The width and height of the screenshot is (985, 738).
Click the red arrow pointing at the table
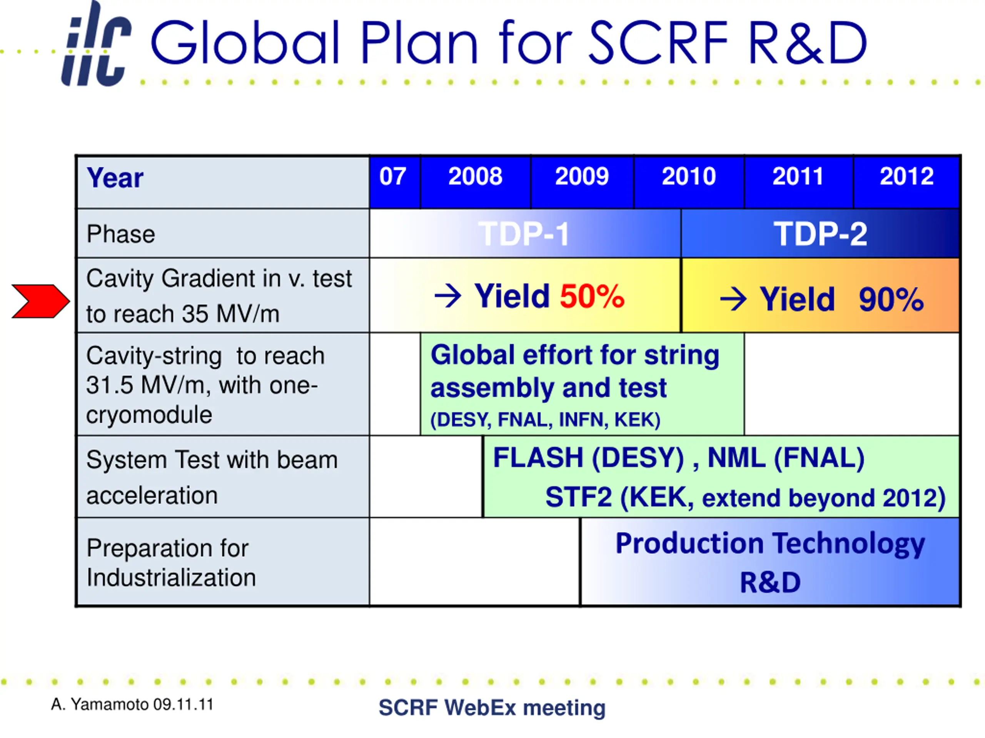(40, 301)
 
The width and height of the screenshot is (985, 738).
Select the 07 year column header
(393, 176)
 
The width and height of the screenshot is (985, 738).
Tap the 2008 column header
(475, 176)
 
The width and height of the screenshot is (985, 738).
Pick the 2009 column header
(582, 176)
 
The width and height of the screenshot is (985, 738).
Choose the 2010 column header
(689, 176)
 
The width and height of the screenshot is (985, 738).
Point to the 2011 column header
(798, 176)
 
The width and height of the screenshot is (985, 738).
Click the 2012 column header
(907, 176)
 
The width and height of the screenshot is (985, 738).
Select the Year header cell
(223, 182)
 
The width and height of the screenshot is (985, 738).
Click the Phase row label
(121, 234)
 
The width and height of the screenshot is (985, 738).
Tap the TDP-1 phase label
(524, 234)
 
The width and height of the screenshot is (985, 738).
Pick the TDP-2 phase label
(820, 234)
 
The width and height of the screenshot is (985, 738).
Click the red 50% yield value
(592, 296)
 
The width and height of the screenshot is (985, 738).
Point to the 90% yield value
(891, 299)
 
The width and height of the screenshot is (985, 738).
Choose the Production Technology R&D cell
(770, 562)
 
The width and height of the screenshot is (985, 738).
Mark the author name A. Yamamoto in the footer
(100, 704)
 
